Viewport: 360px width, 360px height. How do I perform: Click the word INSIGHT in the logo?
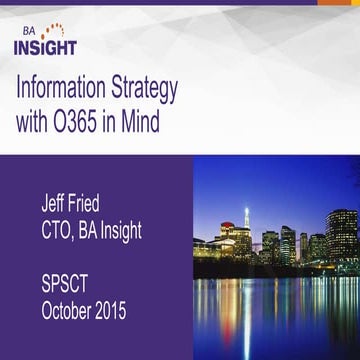click(46, 46)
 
